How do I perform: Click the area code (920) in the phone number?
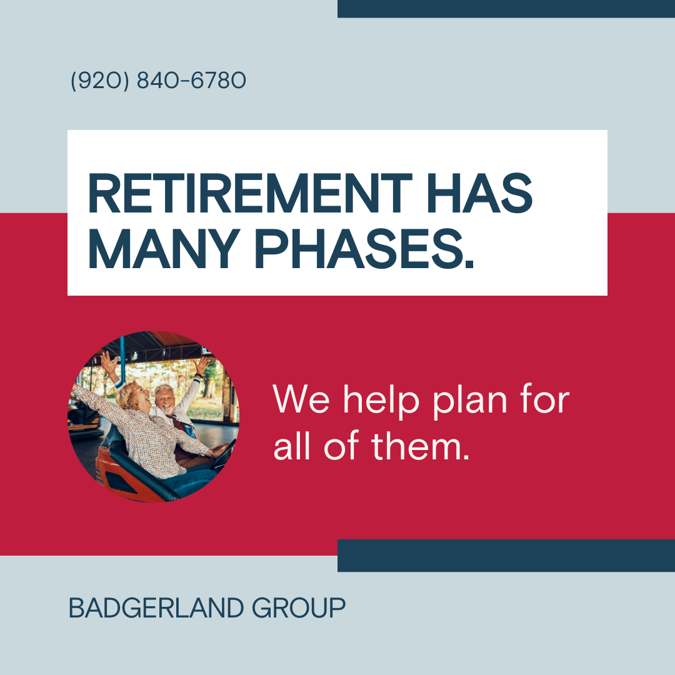pyautogui.click(x=100, y=81)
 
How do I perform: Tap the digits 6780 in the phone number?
pyautogui.click(x=218, y=81)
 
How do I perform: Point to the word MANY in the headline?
pyautogui.click(x=164, y=248)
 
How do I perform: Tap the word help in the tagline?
pyautogui.click(x=381, y=401)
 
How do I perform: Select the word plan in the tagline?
pyautogui.click(x=469, y=401)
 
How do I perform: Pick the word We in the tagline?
pyautogui.click(x=301, y=399)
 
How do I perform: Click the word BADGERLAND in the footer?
pyautogui.click(x=156, y=608)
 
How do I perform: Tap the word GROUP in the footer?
pyautogui.click(x=298, y=608)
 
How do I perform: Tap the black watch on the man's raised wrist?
pyautogui.click(x=199, y=376)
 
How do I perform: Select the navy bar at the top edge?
pyautogui.click(x=506, y=9)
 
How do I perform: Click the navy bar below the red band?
pyautogui.click(x=506, y=556)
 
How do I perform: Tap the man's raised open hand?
pyautogui.click(x=201, y=365)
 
